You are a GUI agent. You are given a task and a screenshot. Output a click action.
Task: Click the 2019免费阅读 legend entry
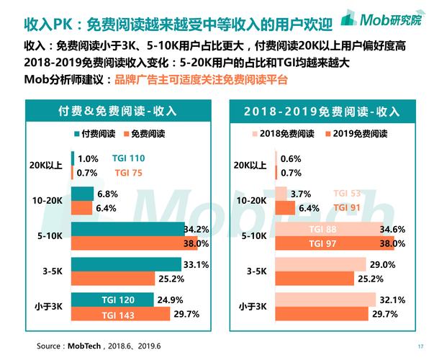(358, 134)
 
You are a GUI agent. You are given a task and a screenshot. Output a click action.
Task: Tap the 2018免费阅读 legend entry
(282, 134)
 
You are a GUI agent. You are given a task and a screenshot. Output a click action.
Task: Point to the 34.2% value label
(196, 230)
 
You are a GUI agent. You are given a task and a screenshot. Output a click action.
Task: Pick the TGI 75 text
(129, 173)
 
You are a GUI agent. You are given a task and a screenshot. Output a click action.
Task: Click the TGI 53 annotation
(347, 194)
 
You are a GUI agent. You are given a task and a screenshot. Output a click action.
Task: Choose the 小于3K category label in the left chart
(50, 307)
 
